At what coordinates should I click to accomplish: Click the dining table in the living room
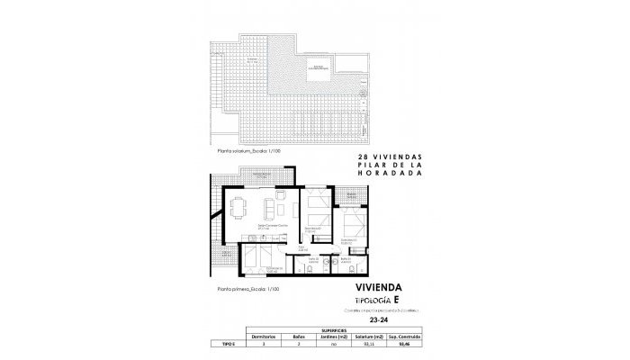click(239, 208)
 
